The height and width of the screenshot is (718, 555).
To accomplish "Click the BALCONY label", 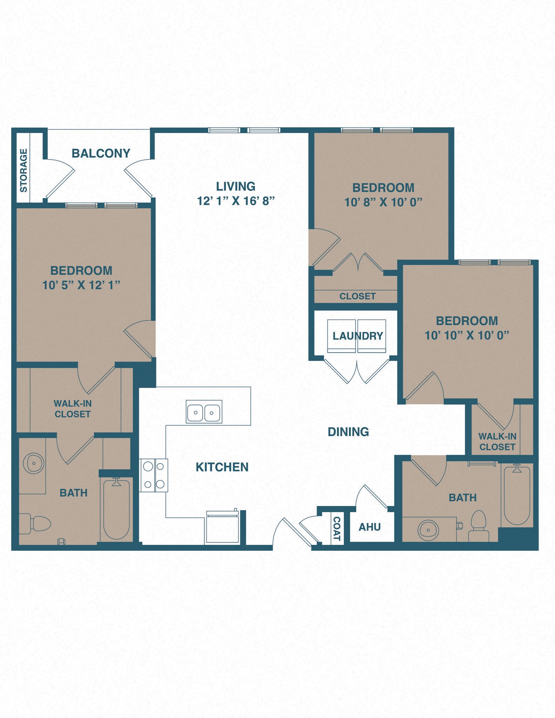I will point(101,153).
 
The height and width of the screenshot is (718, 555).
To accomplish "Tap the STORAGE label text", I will point(23,170).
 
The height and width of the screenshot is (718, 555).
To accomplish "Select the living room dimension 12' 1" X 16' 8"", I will point(236,201).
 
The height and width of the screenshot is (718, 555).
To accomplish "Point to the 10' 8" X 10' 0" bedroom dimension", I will point(383,202).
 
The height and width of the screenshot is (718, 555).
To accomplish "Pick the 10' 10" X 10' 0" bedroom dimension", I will point(467,336).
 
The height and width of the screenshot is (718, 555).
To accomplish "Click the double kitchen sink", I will point(204,412).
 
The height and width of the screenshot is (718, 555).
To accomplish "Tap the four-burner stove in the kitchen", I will point(154,475).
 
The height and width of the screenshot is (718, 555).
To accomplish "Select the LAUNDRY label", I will point(357,336).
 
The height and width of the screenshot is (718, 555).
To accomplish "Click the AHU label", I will point(370,527).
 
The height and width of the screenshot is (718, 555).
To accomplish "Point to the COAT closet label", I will point(337,529).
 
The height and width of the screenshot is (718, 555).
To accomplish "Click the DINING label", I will point(348,432).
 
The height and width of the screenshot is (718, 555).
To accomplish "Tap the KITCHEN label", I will point(222,467).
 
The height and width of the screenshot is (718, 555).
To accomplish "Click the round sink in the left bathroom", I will point(34,463).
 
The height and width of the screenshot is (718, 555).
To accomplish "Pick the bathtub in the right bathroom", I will point(517,495).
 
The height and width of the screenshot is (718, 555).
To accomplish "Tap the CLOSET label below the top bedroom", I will point(357,296).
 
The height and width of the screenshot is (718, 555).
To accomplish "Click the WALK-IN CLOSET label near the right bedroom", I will point(497,441).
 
